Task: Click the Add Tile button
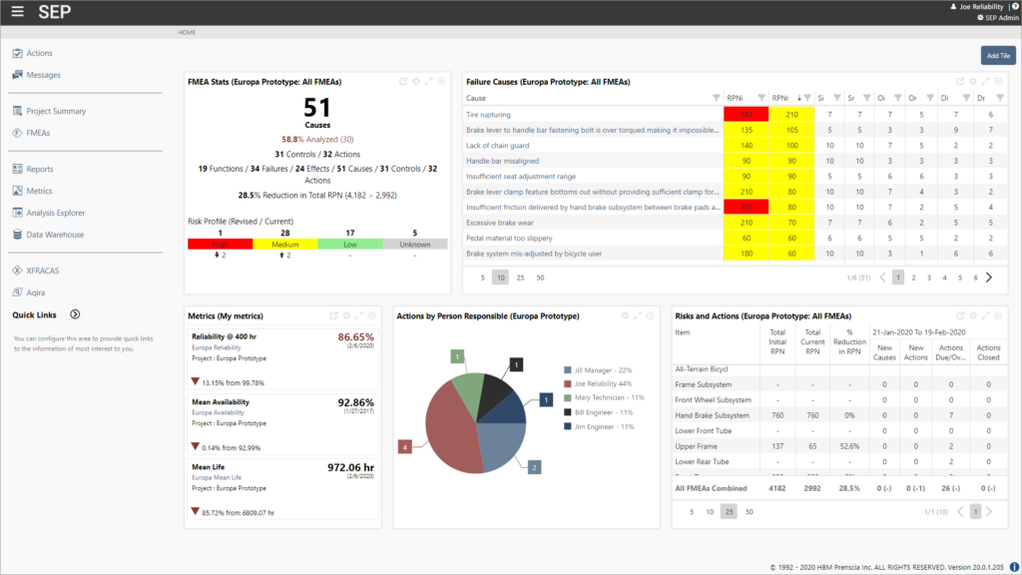click(997, 56)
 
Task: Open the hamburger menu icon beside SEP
click(17, 12)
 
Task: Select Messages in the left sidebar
click(43, 75)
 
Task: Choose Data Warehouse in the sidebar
click(55, 235)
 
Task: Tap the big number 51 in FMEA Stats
click(317, 109)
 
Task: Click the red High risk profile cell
click(220, 243)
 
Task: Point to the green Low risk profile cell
click(350, 243)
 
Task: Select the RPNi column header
click(735, 98)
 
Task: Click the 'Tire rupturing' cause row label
click(489, 115)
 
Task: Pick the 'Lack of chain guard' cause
click(496, 146)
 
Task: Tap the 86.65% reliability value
click(355, 337)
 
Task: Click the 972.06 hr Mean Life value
click(350, 466)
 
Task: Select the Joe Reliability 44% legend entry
click(603, 382)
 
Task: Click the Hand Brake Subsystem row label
click(712, 415)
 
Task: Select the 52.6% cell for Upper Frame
click(849, 446)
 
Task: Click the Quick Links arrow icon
click(75, 314)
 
